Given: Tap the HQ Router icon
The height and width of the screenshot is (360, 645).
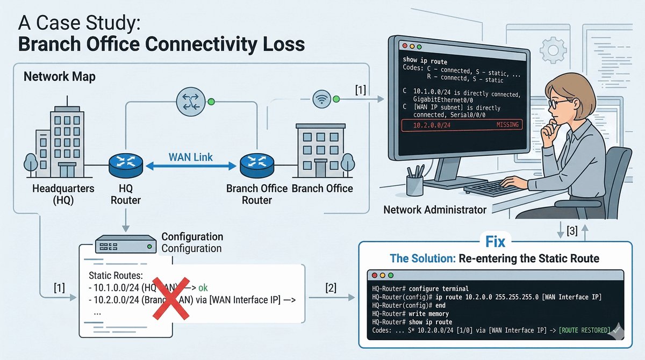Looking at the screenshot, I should pos(125,164).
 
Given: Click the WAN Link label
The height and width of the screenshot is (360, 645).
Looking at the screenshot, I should pos(190,157).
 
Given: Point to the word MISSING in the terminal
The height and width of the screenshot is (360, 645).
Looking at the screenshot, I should pos(507,125).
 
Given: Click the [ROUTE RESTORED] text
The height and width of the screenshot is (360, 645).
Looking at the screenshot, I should pos(584,329).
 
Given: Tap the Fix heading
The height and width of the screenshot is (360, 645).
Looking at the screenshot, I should pos(494,240).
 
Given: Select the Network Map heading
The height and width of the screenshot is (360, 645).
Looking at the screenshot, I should pos(60,77).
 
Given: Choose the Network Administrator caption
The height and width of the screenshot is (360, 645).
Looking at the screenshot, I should pos(434,210).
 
